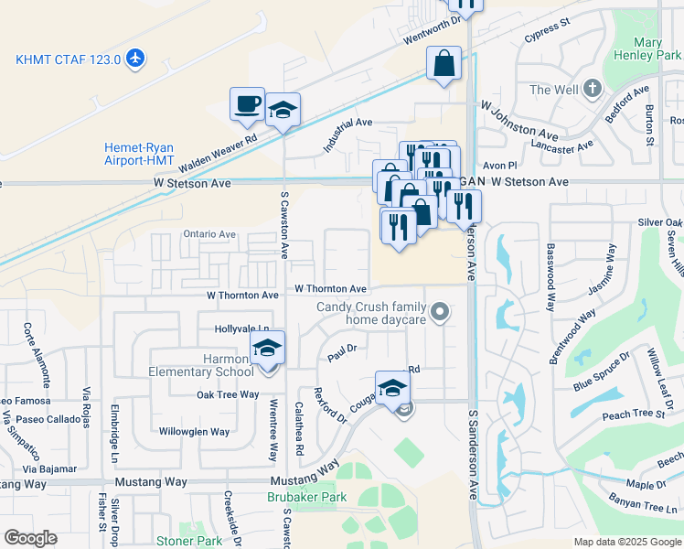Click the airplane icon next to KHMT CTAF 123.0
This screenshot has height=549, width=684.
click(x=136, y=59)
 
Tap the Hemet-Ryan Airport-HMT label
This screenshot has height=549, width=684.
click(x=139, y=154)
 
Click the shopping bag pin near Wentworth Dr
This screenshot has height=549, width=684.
click(x=444, y=64)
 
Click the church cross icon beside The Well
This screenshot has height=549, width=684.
click(x=593, y=90)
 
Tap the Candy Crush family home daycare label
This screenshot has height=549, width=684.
click(x=372, y=313)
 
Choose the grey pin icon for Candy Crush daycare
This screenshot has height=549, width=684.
click(x=440, y=313)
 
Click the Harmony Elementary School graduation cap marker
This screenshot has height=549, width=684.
click(x=268, y=349)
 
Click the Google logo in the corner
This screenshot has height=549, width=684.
click(x=30, y=538)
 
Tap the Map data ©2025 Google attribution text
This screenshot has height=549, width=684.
click(x=627, y=542)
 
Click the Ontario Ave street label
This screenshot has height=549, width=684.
click(x=209, y=234)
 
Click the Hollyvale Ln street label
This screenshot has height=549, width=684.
click(x=242, y=328)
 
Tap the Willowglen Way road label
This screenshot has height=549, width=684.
click(x=194, y=431)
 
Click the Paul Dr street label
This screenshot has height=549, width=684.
click(x=341, y=352)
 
